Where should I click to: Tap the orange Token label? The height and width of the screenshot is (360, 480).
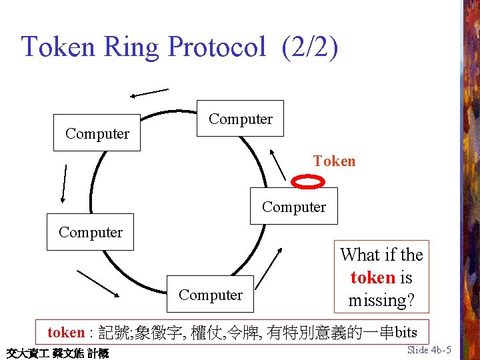click(x=335, y=161)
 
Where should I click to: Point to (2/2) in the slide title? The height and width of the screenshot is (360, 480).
click(x=310, y=47)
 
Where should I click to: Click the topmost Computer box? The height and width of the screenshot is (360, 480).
click(x=240, y=119)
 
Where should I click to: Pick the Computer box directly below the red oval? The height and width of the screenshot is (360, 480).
click(x=294, y=206)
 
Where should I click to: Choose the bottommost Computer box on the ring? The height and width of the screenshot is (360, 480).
click(x=211, y=294)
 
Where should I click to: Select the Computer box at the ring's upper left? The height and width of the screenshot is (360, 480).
click(x=97, y=133)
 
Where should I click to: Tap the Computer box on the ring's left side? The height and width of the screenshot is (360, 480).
click(x=91, y=232)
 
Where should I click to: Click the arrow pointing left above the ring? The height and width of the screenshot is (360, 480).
click(x=149, y=93)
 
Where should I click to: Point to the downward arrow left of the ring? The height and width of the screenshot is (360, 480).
click(x=64, y=183)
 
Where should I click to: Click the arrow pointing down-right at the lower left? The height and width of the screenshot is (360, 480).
click(x=98, y=283)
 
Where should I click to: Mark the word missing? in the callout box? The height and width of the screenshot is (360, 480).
click(x=382, y=300)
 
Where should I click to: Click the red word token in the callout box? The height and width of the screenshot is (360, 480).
click(x=373, y=277)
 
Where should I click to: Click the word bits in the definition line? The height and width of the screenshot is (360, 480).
click(x=406, y=332)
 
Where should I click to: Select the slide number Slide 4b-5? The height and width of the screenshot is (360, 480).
click(x=429, y=350)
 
